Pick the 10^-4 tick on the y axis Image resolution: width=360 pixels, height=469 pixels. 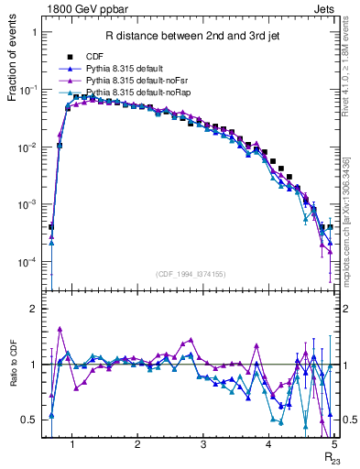(x=33, y=262)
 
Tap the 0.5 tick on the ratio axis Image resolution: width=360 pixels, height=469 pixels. (x=32, y=420)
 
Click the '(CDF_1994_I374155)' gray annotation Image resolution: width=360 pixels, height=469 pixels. (x=190, y=273)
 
